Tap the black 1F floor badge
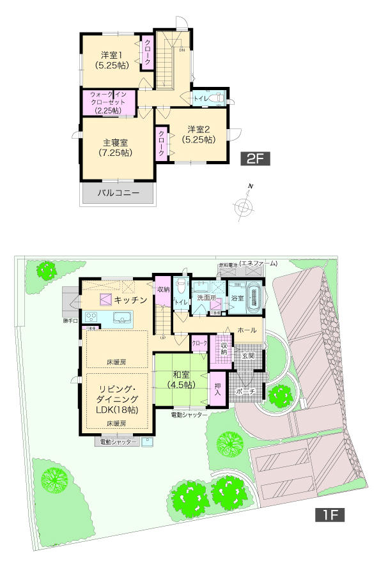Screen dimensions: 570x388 [x=329, y=515]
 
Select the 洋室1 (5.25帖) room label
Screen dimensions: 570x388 [x=110, y=59]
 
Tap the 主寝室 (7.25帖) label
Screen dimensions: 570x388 [x=116, y=148]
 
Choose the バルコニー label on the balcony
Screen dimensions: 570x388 [x=118, y=192]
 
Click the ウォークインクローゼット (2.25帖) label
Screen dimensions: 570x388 [x=108, y=102]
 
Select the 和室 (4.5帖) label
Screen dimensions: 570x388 [x=180, y=380]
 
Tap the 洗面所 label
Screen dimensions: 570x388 [x=208, y=298]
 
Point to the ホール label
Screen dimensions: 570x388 [x=247, y=330]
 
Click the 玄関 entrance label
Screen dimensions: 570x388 [x=248, y=355]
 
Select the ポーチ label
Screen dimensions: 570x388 [x=245, y=390]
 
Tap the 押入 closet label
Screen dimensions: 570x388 [x=218, y=390]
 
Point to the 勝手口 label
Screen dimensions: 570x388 [x=70, y=321]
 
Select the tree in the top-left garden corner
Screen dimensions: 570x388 [x=46, y=270]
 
